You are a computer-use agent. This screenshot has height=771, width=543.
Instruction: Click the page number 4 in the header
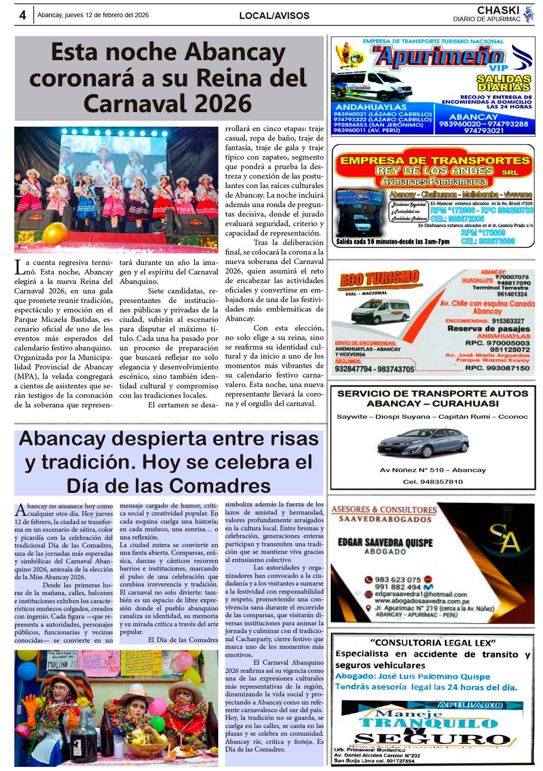click(x=22, y=15)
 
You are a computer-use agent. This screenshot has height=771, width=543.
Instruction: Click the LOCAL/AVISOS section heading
click(x=274, y=16)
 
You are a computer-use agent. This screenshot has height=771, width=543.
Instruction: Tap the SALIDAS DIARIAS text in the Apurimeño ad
click(x=503, y=83)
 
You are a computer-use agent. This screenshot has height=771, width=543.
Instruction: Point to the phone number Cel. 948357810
click(x=433, y=482)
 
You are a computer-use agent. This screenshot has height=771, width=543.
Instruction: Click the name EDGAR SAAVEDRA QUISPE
click(x=385, y=542)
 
